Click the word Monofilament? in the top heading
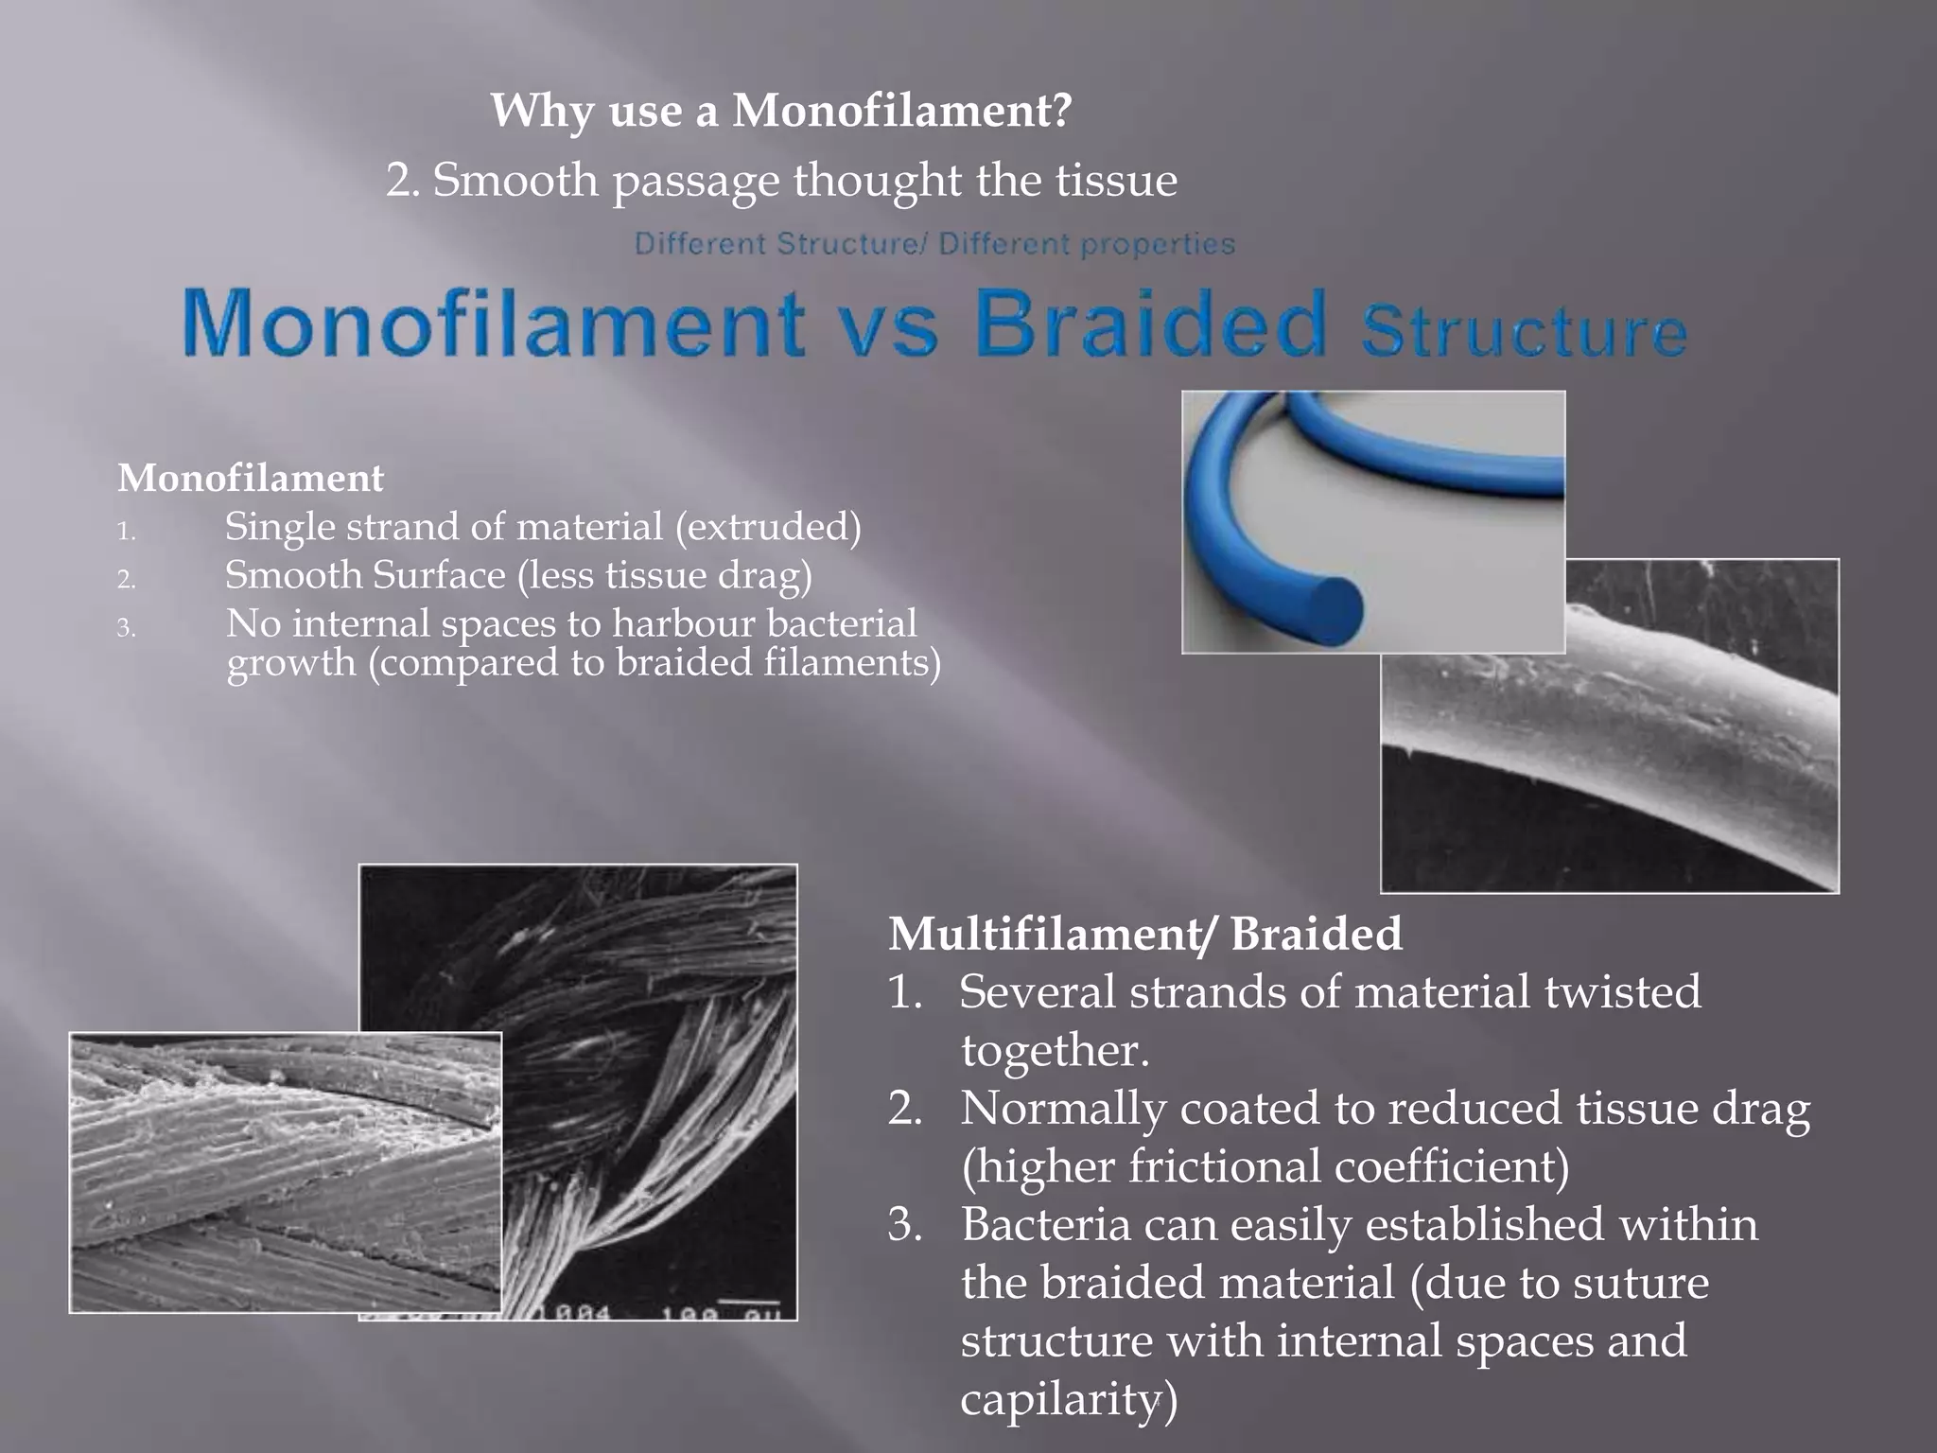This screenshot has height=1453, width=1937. click(902, 112)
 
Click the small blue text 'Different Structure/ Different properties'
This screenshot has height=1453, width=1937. click(934, 244)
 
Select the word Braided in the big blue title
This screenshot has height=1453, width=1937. click(1151, 324)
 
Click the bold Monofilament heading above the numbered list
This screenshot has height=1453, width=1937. click(251, 478)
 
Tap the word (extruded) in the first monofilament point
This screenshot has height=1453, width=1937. click(768, 527)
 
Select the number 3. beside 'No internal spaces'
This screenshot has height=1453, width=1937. click(127, 628)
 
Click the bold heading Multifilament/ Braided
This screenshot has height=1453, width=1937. click(1144, 934)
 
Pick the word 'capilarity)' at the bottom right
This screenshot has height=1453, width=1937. click(1069, 1399)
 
